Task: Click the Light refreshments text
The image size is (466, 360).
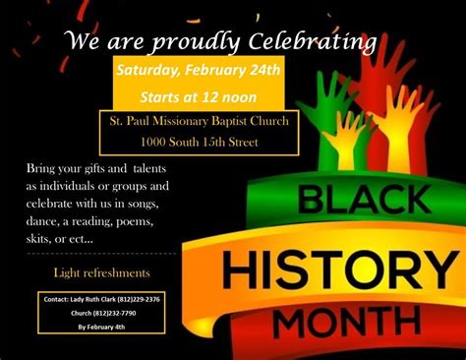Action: [102, 272]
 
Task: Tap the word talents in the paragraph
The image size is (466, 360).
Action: [133, 169]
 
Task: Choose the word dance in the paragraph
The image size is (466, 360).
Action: [43, 221]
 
